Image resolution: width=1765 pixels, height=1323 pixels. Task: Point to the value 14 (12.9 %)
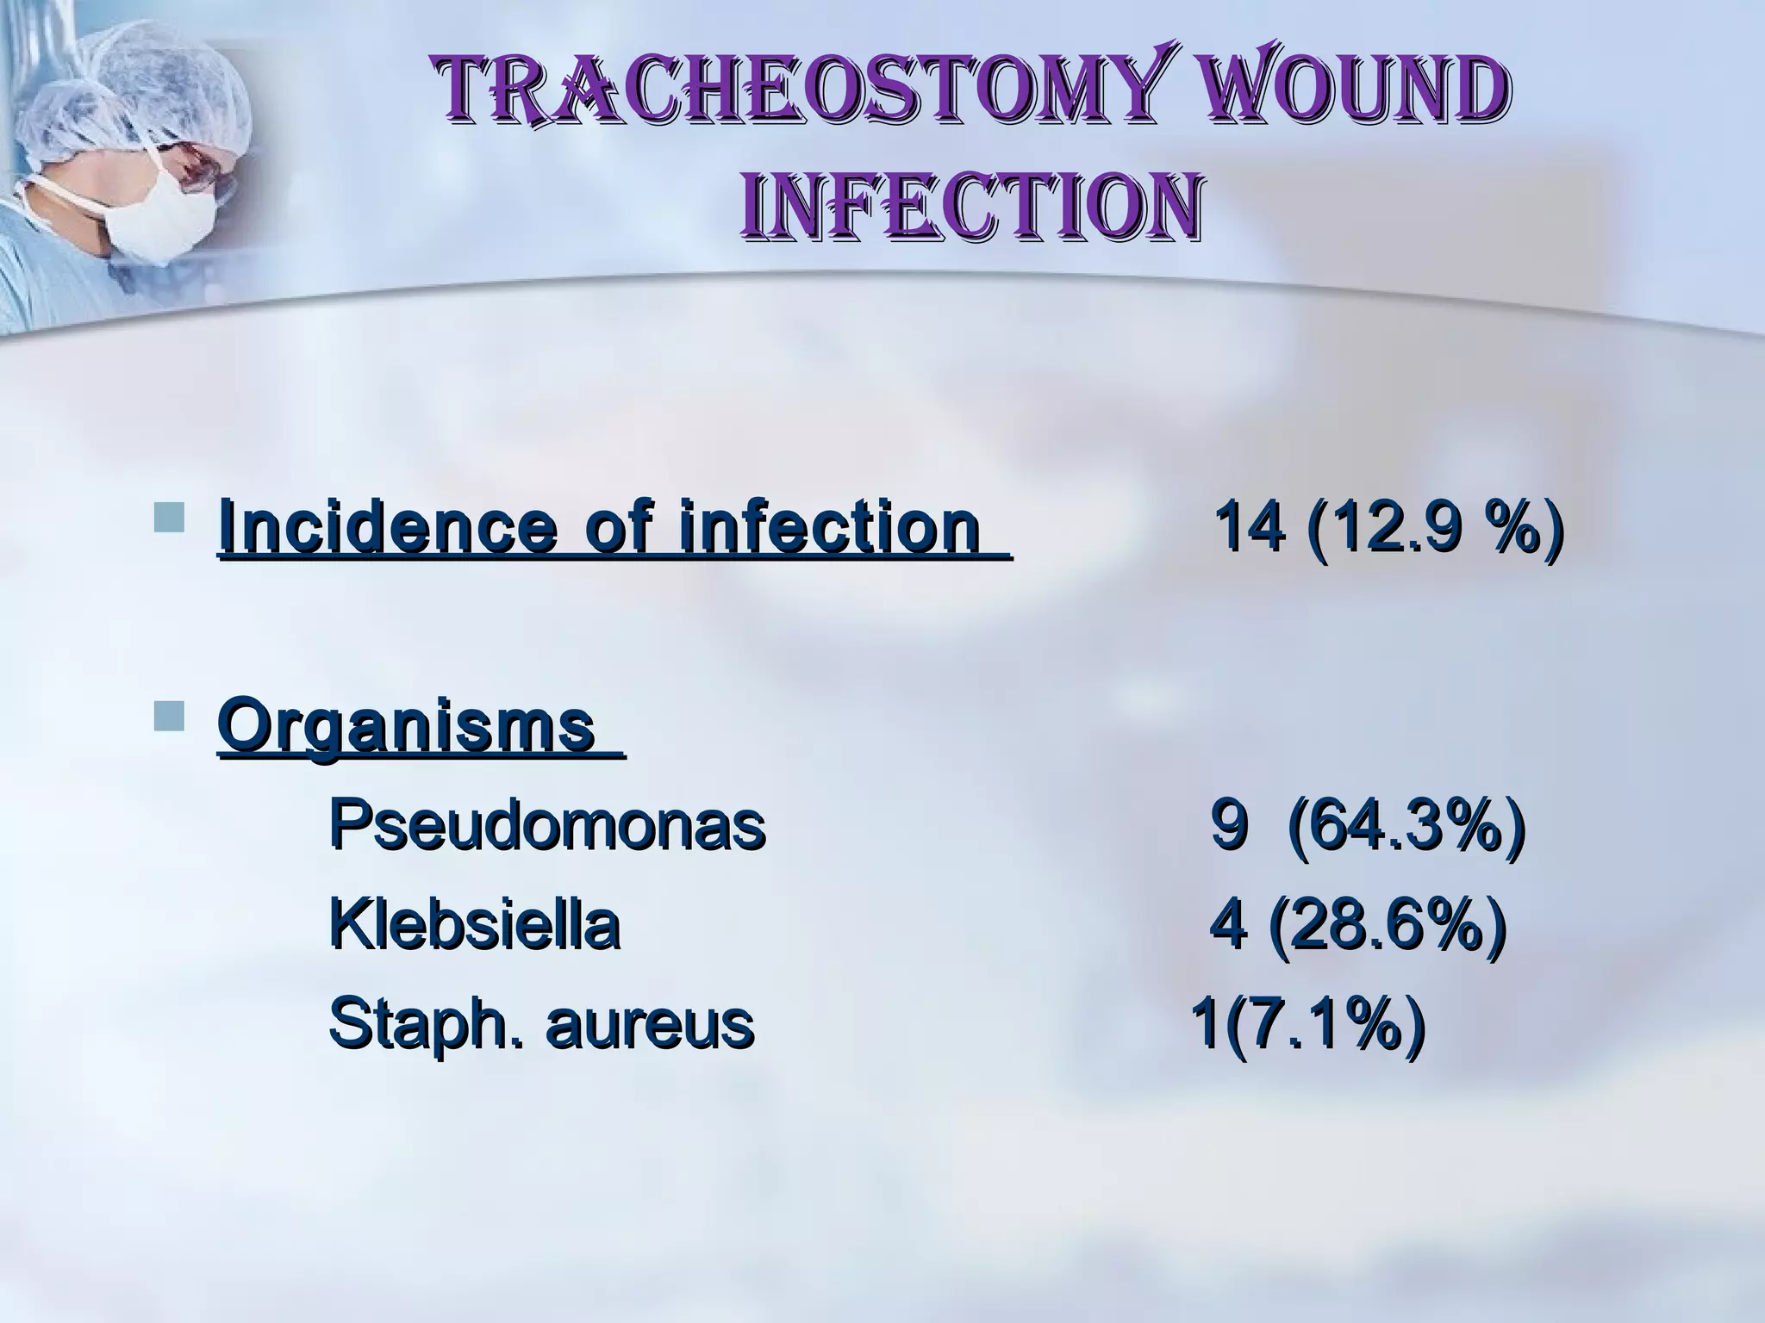coord(1388,527)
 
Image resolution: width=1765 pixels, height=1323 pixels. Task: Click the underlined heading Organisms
coord(407,725)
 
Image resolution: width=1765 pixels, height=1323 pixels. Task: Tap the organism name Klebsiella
coord(474,926)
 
